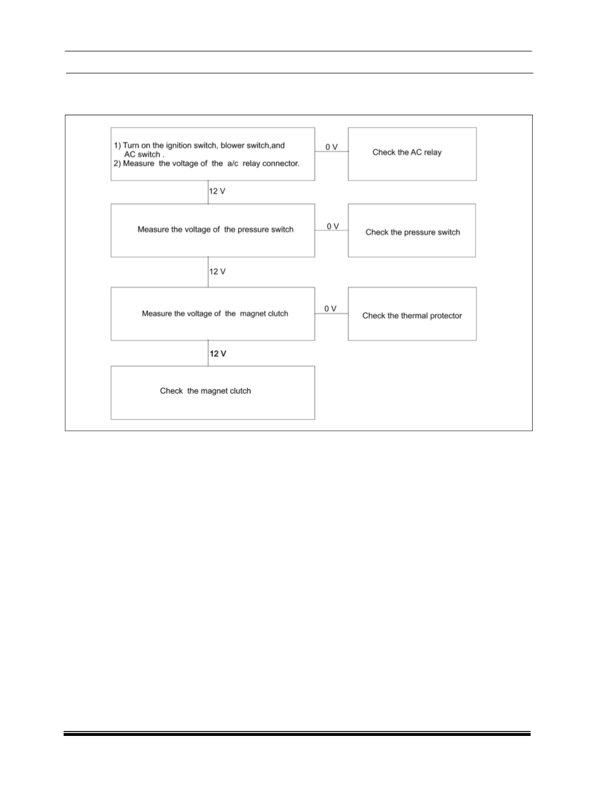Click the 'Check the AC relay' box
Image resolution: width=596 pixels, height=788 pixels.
[x=412, y=154]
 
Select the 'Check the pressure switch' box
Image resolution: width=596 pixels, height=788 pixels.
[x=412, y=231]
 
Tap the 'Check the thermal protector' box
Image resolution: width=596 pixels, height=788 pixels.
[x=412, y=314]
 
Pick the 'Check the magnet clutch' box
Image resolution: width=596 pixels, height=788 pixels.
[x=213, y=393]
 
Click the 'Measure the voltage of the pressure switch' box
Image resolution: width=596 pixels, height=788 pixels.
[x=213, y=231]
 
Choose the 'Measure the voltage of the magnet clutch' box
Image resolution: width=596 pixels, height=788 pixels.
[x=213, y=314]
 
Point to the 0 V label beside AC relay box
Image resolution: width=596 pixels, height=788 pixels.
[x=332, y=147]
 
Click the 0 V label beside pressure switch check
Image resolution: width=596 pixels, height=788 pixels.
[x=333, y=226]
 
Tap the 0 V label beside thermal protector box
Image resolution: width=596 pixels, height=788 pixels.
[x=330, y=308]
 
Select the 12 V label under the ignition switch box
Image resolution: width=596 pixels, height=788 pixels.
[x=217, y=191]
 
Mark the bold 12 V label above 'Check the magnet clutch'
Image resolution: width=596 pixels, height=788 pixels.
[x=218, y=354]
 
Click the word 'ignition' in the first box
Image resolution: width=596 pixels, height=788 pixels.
[x=179, y=146]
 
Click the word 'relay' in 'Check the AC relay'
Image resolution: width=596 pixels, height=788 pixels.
[x=432, y=152]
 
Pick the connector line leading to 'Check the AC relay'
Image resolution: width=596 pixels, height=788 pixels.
[x=332, y=151]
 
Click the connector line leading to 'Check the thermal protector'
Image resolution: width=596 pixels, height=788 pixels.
[x=332, y=314]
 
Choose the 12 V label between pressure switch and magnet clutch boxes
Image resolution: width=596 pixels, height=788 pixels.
[x=217, y=272]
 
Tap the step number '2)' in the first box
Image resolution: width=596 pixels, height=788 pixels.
[x=118, y=163]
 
